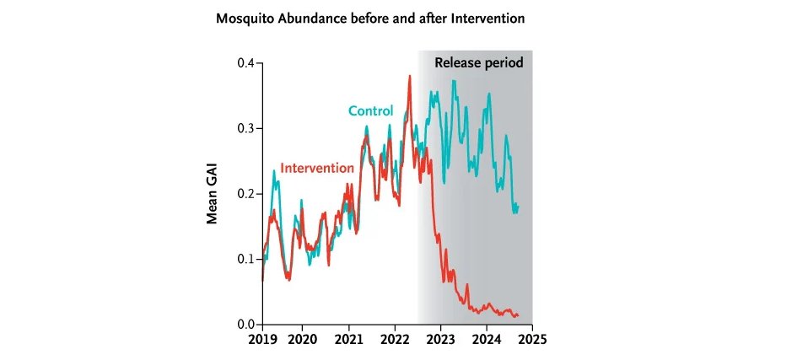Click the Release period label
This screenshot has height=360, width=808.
[478, 62]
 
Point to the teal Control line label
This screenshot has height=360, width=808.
[370, 111]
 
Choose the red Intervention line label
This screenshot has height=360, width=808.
[316, 168]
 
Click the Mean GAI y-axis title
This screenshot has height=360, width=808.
[214, 194]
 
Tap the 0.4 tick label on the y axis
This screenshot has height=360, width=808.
[245, 63]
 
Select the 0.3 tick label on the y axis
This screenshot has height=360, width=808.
[245, 128]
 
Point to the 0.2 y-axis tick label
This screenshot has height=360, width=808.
[245, 194]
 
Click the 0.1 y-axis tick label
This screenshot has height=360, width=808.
[245, 259]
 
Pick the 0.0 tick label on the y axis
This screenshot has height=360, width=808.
[245, 325]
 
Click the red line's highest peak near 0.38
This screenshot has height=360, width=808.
[410, 76]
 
